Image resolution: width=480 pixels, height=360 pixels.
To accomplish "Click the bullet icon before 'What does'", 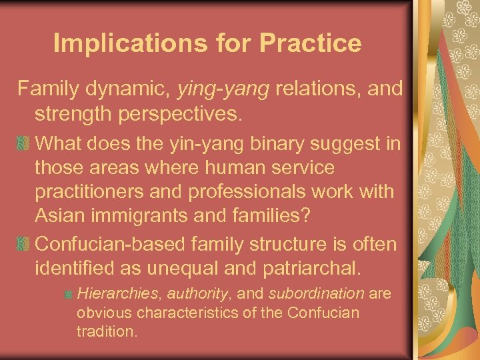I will (25, 143).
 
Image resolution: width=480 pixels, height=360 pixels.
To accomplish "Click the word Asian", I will (58, 216).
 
